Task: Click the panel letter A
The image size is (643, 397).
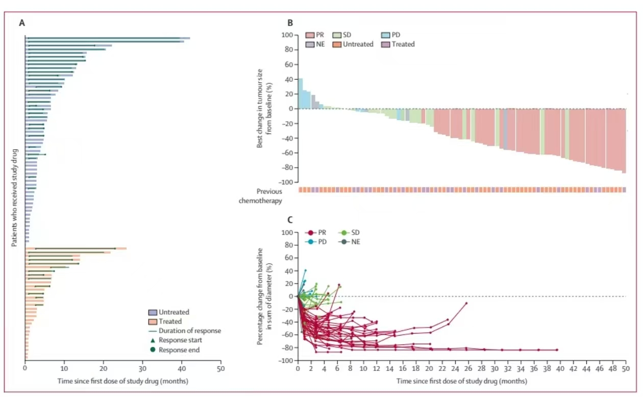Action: [x=22, y=23]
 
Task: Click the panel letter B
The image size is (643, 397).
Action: [x=290, y=23]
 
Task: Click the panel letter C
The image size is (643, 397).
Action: [x=290, y=220]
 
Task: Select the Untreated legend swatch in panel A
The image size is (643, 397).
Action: [x=153, y=312]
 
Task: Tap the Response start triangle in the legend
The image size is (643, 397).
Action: [x=152, y=340]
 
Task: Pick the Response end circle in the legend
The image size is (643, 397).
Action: [x=152, y=350]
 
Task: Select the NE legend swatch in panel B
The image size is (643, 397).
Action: [x=310, y=44]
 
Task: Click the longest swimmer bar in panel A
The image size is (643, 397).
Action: [x=107, y=38]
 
